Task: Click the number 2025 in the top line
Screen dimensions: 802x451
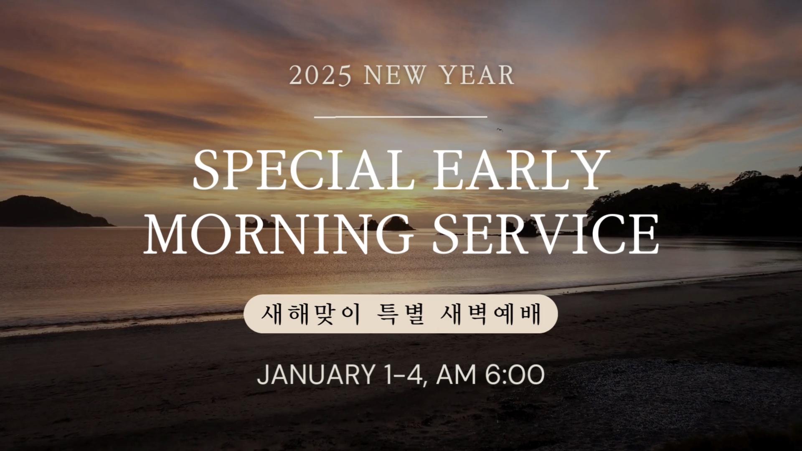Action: (x=320, y=76)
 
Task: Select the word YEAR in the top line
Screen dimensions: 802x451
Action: (x=478, y=76)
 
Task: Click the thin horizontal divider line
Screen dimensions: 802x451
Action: (x=401, y=117)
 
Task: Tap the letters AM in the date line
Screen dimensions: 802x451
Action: (x=456, y=375)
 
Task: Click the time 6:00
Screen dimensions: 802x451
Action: (x=515, y=375)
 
